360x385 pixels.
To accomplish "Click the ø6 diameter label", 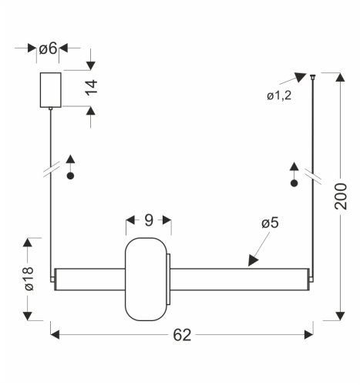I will click(x=48, y=49).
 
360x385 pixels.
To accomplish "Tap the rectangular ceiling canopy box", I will click(x=49, y=90).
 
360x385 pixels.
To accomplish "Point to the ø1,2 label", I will click(x=279, y=95).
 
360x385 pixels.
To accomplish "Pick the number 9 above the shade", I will click(x=149, y=221).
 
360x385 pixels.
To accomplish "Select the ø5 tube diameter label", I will click(x=270, y=223).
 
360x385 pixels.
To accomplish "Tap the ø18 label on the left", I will click(x=29, y=277).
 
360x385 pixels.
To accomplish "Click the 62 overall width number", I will click(x=182, y=335).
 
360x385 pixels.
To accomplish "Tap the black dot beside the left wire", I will click(x=71, y=176).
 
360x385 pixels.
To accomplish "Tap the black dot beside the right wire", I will click(x=294, y=184).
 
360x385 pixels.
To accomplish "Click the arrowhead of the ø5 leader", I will click(x=253, y=262).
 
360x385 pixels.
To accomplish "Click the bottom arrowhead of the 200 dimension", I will click(x=340, y=314).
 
